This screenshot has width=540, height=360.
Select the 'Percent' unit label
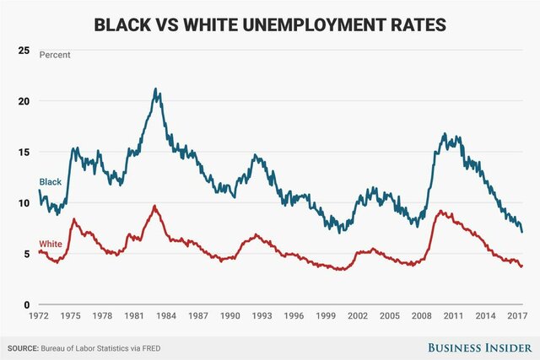56,55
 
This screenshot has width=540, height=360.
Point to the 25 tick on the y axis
25,51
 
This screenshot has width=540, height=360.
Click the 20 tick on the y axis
25,101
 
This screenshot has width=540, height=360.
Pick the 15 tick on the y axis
25,153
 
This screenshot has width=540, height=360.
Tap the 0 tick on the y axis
29,305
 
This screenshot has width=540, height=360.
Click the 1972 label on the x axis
39,315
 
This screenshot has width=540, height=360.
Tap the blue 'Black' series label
50,182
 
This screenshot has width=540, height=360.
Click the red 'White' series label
51,243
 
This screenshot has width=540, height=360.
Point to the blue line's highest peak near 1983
155,89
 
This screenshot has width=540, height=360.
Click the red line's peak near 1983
154,206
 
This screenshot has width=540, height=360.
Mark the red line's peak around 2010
440,212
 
